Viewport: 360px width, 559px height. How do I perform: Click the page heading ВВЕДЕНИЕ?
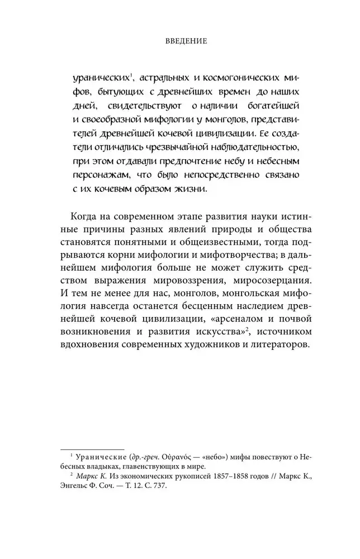(180, 41)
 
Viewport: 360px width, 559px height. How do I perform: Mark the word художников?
(216, 347)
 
